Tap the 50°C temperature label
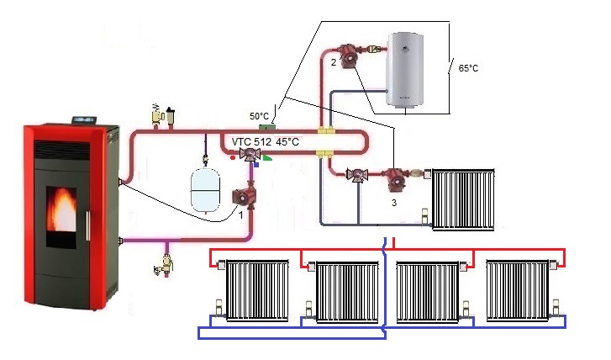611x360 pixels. tap(259, 115)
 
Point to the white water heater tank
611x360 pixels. tap(411, 70)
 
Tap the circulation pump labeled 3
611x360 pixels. tap(395, 178)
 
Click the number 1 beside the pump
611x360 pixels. tap(242, 216)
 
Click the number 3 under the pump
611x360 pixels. tap(393, 203)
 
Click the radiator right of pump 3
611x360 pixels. tap(462, 199)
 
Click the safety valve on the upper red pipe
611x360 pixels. tap(159, 114)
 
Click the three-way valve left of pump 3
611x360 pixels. tap(357, 177)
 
